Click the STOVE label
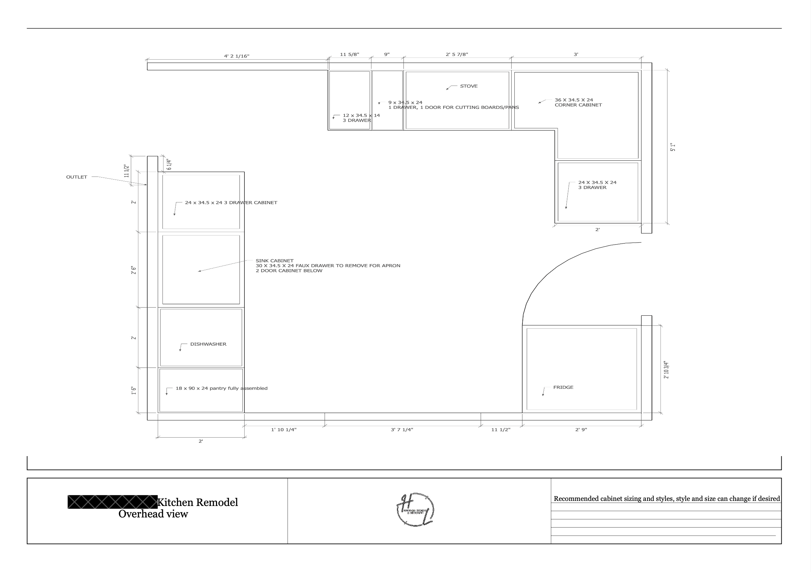click(469, 86)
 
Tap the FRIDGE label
click(563, 387)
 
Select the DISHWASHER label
click(208, 344)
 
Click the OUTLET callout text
click(76, 177)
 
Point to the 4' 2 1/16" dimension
click(236, 56)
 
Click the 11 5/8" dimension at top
click(349, 54)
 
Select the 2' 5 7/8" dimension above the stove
click(457, 54)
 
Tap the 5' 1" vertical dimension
click(672, 147)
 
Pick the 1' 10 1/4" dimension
click(283, 430)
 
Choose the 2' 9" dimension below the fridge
click(581, 430)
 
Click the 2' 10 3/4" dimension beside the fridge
click(666, 370)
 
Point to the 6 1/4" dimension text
click(169, 164)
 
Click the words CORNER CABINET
click(578, 105)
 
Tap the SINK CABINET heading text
click(274, 261)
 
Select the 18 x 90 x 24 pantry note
click(221, 388)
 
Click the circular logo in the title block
click(415, 509)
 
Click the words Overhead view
click(153, 514)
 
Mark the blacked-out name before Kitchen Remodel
click(112, 502)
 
